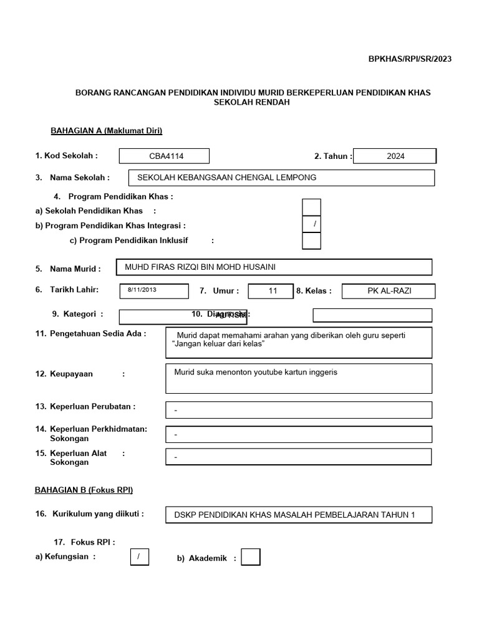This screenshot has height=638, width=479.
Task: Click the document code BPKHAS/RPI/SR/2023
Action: (409, 59)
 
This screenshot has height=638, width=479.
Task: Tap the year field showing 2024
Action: (395, 156)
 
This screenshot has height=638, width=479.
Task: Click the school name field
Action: (281, 178)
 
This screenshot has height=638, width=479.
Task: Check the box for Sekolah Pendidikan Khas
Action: (311, 207)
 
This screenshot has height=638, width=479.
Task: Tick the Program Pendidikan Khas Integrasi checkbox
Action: (311, 224)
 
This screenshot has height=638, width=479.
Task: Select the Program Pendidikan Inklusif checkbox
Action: (311, 240)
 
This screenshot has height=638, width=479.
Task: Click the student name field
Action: (274, 267)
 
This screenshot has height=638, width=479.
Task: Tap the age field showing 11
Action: (271, 291)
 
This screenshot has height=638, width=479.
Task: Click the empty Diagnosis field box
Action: (372, 315)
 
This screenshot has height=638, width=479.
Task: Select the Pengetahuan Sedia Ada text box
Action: (298, 342)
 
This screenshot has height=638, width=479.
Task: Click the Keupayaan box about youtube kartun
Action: (298, 378)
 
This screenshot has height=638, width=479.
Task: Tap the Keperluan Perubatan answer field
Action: (298, 410)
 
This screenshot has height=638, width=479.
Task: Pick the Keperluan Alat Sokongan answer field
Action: (298, 457)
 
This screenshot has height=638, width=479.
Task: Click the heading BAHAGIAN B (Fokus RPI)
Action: (84, 490)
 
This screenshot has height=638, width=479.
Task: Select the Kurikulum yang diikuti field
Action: (298, 515)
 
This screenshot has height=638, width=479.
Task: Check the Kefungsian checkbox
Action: (139, 556)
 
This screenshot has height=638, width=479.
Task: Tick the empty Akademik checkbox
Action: (250, 557)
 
